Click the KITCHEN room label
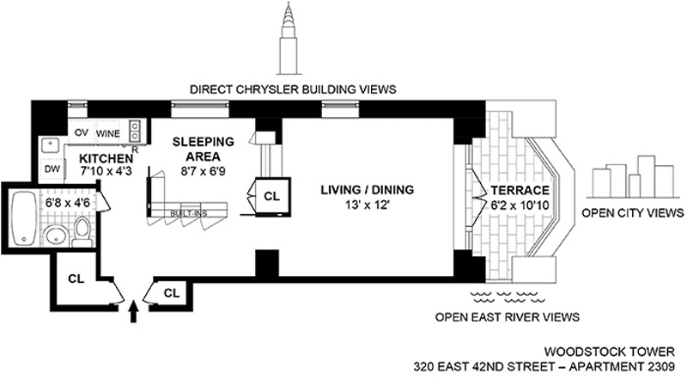point(106,159)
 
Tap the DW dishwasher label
point(52,169)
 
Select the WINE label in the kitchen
point(107,134)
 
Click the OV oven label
point(82,134)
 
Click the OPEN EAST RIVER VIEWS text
point(507,317)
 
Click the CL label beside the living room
point(271,197)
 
